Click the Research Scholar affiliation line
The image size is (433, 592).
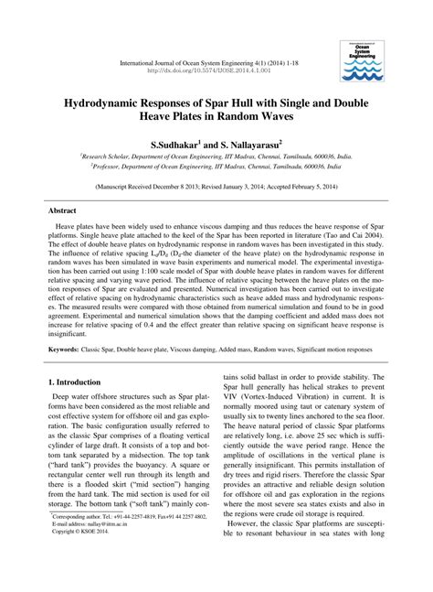pos(216,157)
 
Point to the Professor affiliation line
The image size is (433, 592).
pos(216,167)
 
